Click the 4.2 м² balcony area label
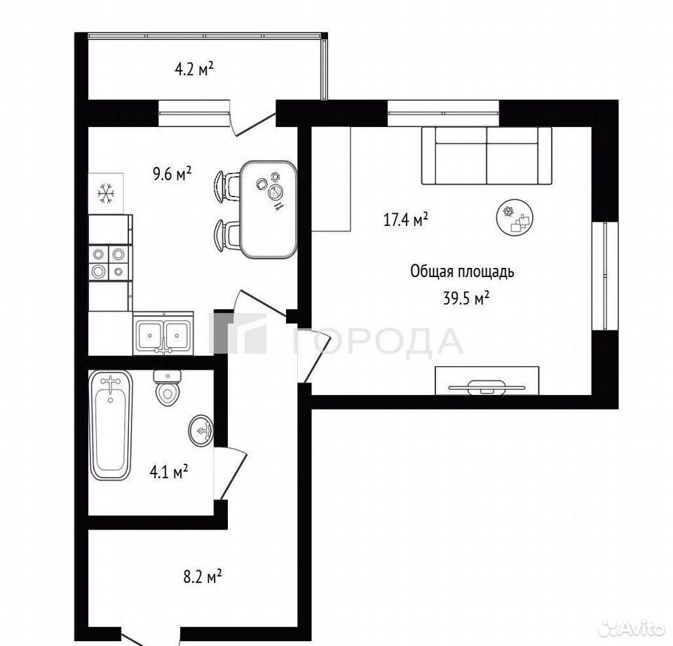[194, 69]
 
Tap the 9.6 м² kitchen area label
[172, 174]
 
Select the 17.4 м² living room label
[405, 220]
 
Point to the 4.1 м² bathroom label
[168, 472]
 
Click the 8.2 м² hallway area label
[202, 577]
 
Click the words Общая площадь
[462, 272]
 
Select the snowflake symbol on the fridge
[106, 194]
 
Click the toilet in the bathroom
[168, 388]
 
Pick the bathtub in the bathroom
[110, 425]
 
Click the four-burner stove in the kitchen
[109, 262]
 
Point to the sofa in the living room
[487, 156]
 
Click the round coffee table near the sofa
[515, 217]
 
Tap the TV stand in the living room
[487, 381]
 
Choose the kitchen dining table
[268, 210]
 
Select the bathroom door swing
[231, 473]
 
